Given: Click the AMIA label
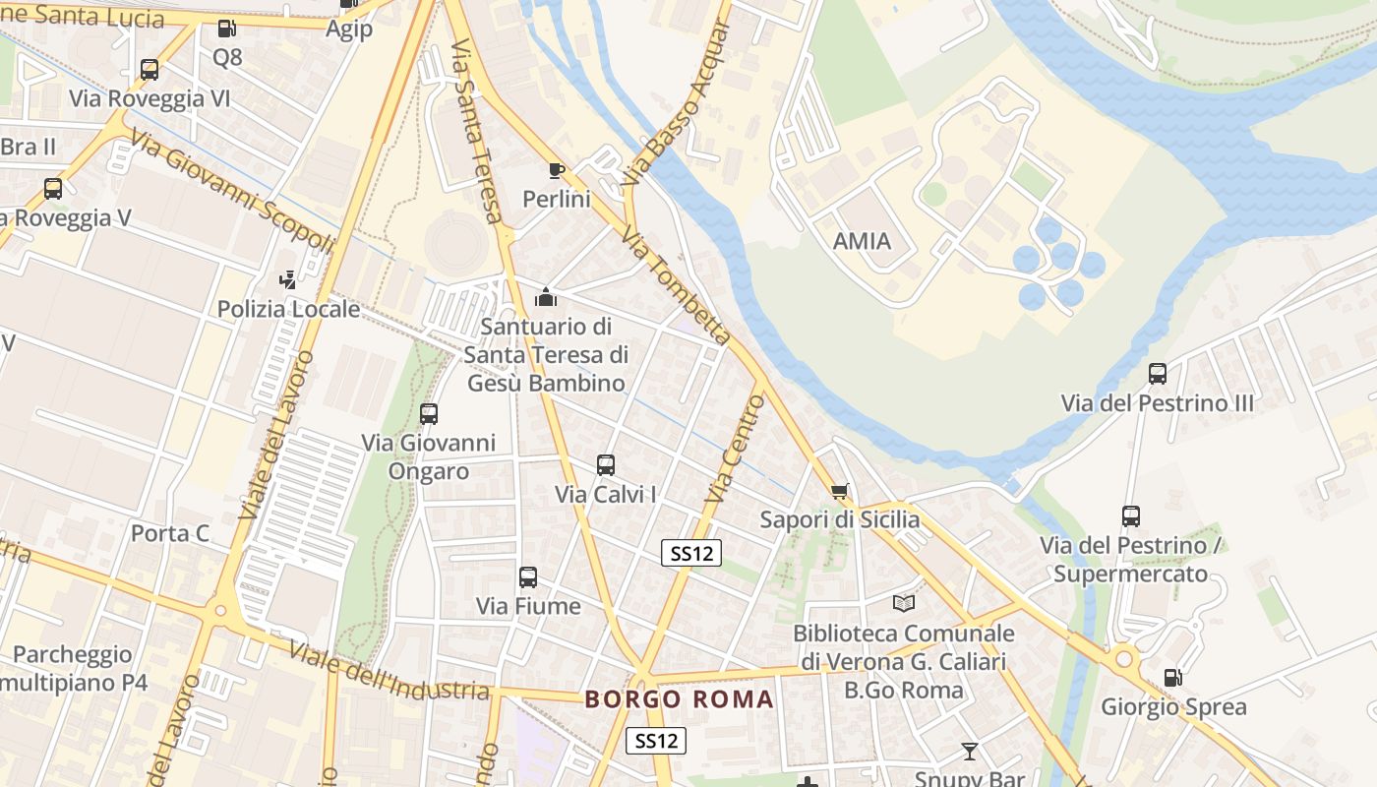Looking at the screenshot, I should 862,241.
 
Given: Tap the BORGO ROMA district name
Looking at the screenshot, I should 679,699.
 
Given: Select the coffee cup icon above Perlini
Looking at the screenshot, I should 556,171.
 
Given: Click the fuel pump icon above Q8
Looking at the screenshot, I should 226,30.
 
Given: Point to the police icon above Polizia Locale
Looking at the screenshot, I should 287,280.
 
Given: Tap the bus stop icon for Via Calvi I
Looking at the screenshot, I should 606,465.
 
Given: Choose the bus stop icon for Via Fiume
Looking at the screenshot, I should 528,577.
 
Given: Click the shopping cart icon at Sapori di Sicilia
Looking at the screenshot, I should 839,491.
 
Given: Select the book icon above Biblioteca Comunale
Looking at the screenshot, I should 903,603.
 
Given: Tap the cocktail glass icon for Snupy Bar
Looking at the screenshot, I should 970,752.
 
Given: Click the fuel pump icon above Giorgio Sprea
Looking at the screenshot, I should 1172,678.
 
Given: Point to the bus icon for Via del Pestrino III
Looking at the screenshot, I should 1158,374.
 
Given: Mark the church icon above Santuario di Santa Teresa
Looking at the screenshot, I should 546,296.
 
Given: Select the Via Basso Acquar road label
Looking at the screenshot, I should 678,102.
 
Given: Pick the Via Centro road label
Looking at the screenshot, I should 737,448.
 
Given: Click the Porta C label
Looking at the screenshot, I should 170,533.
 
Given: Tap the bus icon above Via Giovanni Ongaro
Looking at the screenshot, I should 428,414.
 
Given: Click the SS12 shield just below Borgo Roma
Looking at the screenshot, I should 656,741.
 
